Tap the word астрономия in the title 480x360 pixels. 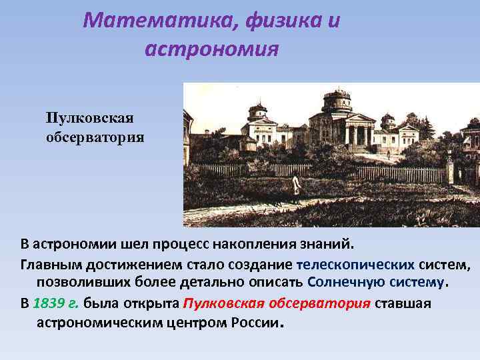(x=211, y=49)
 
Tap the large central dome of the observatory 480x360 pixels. (x=336, y=101)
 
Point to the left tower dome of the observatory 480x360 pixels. (x=257, y=110)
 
